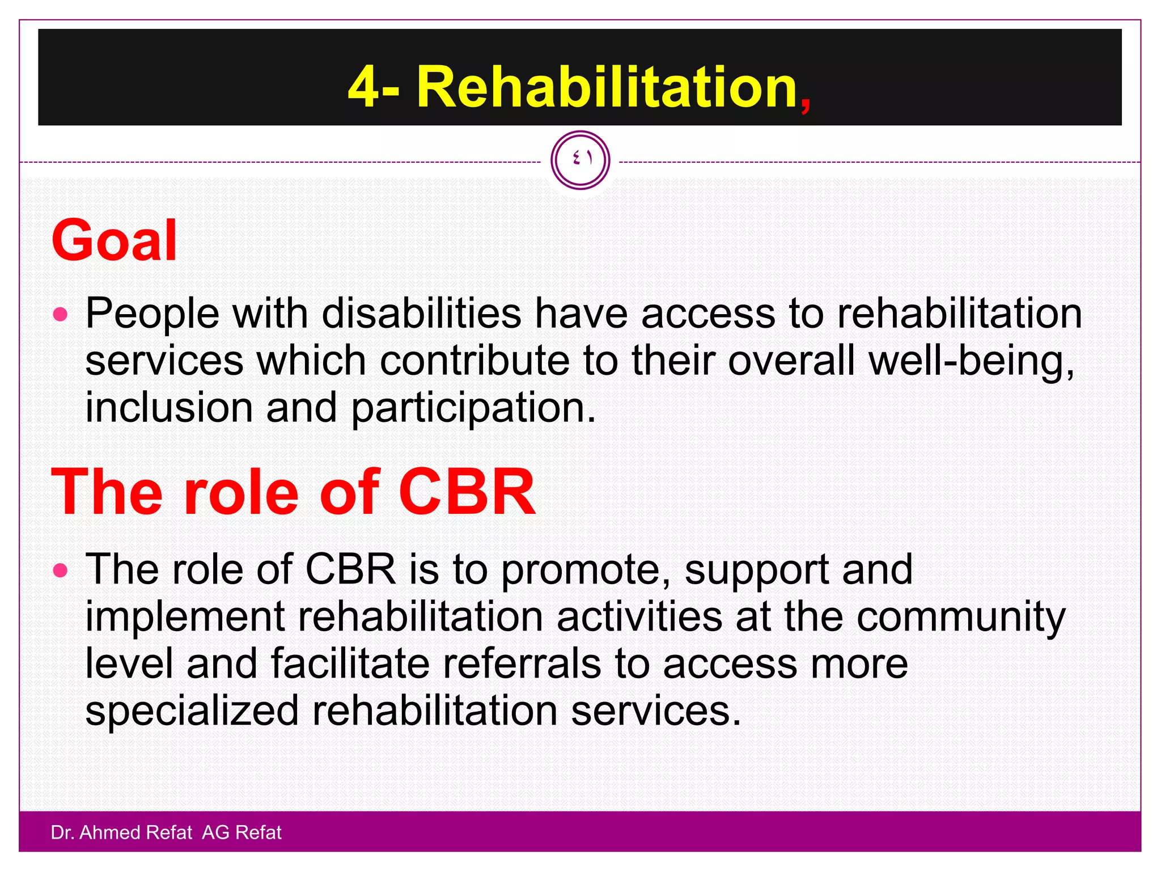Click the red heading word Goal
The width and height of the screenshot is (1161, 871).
[114, 241]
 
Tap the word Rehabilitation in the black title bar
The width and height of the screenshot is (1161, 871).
[607, 87]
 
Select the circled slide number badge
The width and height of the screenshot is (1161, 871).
[580, 160]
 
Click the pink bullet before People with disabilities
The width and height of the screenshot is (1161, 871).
[60, 314]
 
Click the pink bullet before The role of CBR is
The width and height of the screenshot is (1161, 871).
[60, 570]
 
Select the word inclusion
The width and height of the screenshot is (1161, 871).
[168, 408]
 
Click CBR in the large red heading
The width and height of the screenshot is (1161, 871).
[466, 492]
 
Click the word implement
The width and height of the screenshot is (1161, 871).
[185, 618]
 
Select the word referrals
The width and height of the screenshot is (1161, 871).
[521, 664]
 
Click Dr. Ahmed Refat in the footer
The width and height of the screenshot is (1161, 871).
[121, 832]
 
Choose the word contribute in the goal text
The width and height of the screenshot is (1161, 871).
[474, 361]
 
